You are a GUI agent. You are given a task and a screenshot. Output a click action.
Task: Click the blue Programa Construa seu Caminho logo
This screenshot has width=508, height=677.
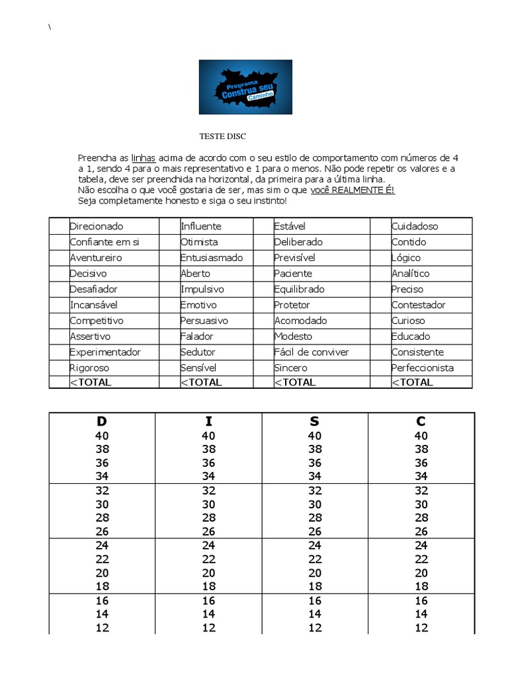(x=245, y=87)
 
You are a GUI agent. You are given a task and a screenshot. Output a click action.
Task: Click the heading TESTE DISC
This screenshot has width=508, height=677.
(x=222, y=136)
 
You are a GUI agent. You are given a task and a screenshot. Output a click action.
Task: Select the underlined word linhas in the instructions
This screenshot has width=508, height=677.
(x=144, y=158)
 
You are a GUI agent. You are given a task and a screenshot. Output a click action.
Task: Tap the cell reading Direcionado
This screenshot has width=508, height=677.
(x=97, y=226)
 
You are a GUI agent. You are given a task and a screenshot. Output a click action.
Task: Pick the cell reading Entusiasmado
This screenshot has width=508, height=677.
(x=212, y=258)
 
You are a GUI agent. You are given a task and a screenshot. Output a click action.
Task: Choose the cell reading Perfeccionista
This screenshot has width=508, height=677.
(x=423, y=368)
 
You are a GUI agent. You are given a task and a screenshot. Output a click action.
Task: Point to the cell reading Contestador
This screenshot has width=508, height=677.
(x=419, y=305)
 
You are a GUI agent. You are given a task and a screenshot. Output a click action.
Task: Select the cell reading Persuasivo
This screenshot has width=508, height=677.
(x=204, y=321)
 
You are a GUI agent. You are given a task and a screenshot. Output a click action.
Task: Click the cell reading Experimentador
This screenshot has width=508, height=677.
(x=105, y=352)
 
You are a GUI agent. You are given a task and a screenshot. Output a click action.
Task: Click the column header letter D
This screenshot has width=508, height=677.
(x=102, y=421)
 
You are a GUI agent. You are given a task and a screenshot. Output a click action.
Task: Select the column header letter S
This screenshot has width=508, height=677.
(x=314, y=421)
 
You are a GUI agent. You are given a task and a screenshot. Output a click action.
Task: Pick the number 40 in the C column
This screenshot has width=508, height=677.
(x=421, y=436)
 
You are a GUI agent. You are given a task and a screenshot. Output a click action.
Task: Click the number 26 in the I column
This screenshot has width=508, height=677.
(x=208, y=532)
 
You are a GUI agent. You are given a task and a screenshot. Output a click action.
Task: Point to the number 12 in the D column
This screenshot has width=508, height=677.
(x=102, y=628)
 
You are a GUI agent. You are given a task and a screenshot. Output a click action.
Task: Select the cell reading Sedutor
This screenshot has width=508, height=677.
(x=198, y=352)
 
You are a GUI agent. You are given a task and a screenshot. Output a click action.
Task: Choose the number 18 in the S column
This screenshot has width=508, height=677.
(x=314, y=586)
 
